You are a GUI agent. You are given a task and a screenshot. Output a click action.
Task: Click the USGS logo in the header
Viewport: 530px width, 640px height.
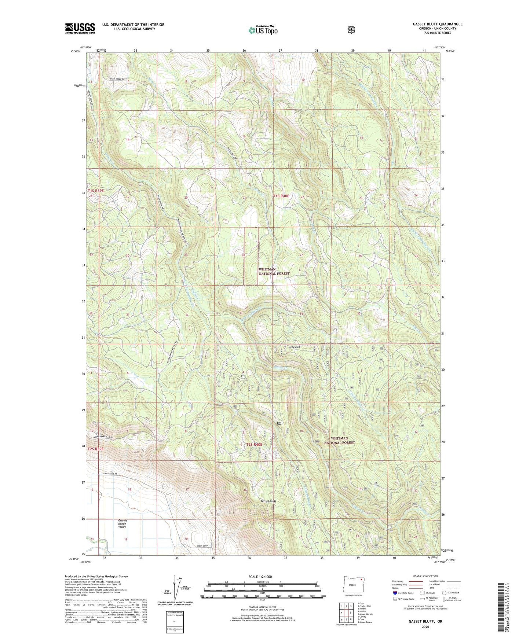point(80,28)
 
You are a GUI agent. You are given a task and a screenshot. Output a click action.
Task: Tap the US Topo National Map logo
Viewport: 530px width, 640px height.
point(262,30)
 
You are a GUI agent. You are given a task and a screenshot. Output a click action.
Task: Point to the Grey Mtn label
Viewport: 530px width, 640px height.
point(294,347)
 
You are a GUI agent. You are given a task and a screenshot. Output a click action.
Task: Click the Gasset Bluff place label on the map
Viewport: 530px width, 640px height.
point(268,501)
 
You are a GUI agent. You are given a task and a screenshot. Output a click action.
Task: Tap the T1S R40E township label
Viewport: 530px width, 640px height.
point(281,196)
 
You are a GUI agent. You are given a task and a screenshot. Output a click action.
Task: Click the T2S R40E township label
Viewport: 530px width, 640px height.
point(254,444)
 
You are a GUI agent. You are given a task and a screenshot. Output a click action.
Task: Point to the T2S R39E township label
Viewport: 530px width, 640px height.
point(95,449)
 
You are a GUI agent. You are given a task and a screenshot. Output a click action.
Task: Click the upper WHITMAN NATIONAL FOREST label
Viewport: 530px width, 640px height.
point(274,271)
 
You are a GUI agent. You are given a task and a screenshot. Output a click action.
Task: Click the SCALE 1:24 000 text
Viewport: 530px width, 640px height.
point(260,577)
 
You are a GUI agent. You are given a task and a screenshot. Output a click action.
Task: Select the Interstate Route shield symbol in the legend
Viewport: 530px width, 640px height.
point(395,592)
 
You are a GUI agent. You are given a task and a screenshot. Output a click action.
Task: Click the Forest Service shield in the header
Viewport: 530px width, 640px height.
point(351,30)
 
